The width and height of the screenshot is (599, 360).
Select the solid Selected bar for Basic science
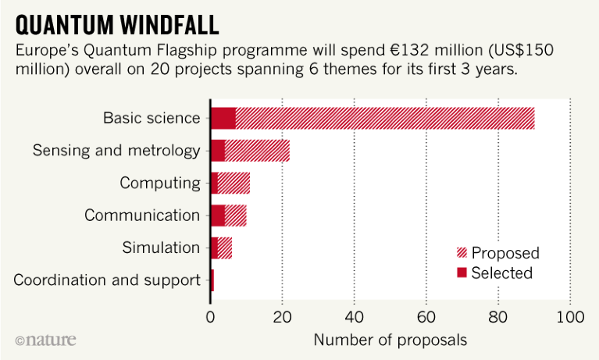pos(223,118)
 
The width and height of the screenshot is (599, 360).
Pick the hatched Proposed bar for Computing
pos(234,183)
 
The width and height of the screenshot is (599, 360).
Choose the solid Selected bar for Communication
pos(218,216)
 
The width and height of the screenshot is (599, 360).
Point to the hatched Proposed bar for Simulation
pos(225,248)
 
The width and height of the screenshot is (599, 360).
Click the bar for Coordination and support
pos(212,280)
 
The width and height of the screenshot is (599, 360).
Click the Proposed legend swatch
pos(462,253)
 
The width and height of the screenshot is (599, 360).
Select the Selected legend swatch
pos(462,273)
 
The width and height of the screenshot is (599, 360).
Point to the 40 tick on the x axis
pos(355,317)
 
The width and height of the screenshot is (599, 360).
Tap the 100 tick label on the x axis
pos(570,317)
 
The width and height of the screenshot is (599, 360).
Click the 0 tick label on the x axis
pos(210,317)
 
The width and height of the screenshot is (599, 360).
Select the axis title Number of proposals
pos(390,340)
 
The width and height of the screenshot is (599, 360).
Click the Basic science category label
pos(152,118)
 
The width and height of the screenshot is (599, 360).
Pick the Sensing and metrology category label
pos(116,151)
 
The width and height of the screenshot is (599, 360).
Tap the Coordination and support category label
pos(107,280)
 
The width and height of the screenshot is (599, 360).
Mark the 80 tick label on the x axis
pos(498,317)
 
